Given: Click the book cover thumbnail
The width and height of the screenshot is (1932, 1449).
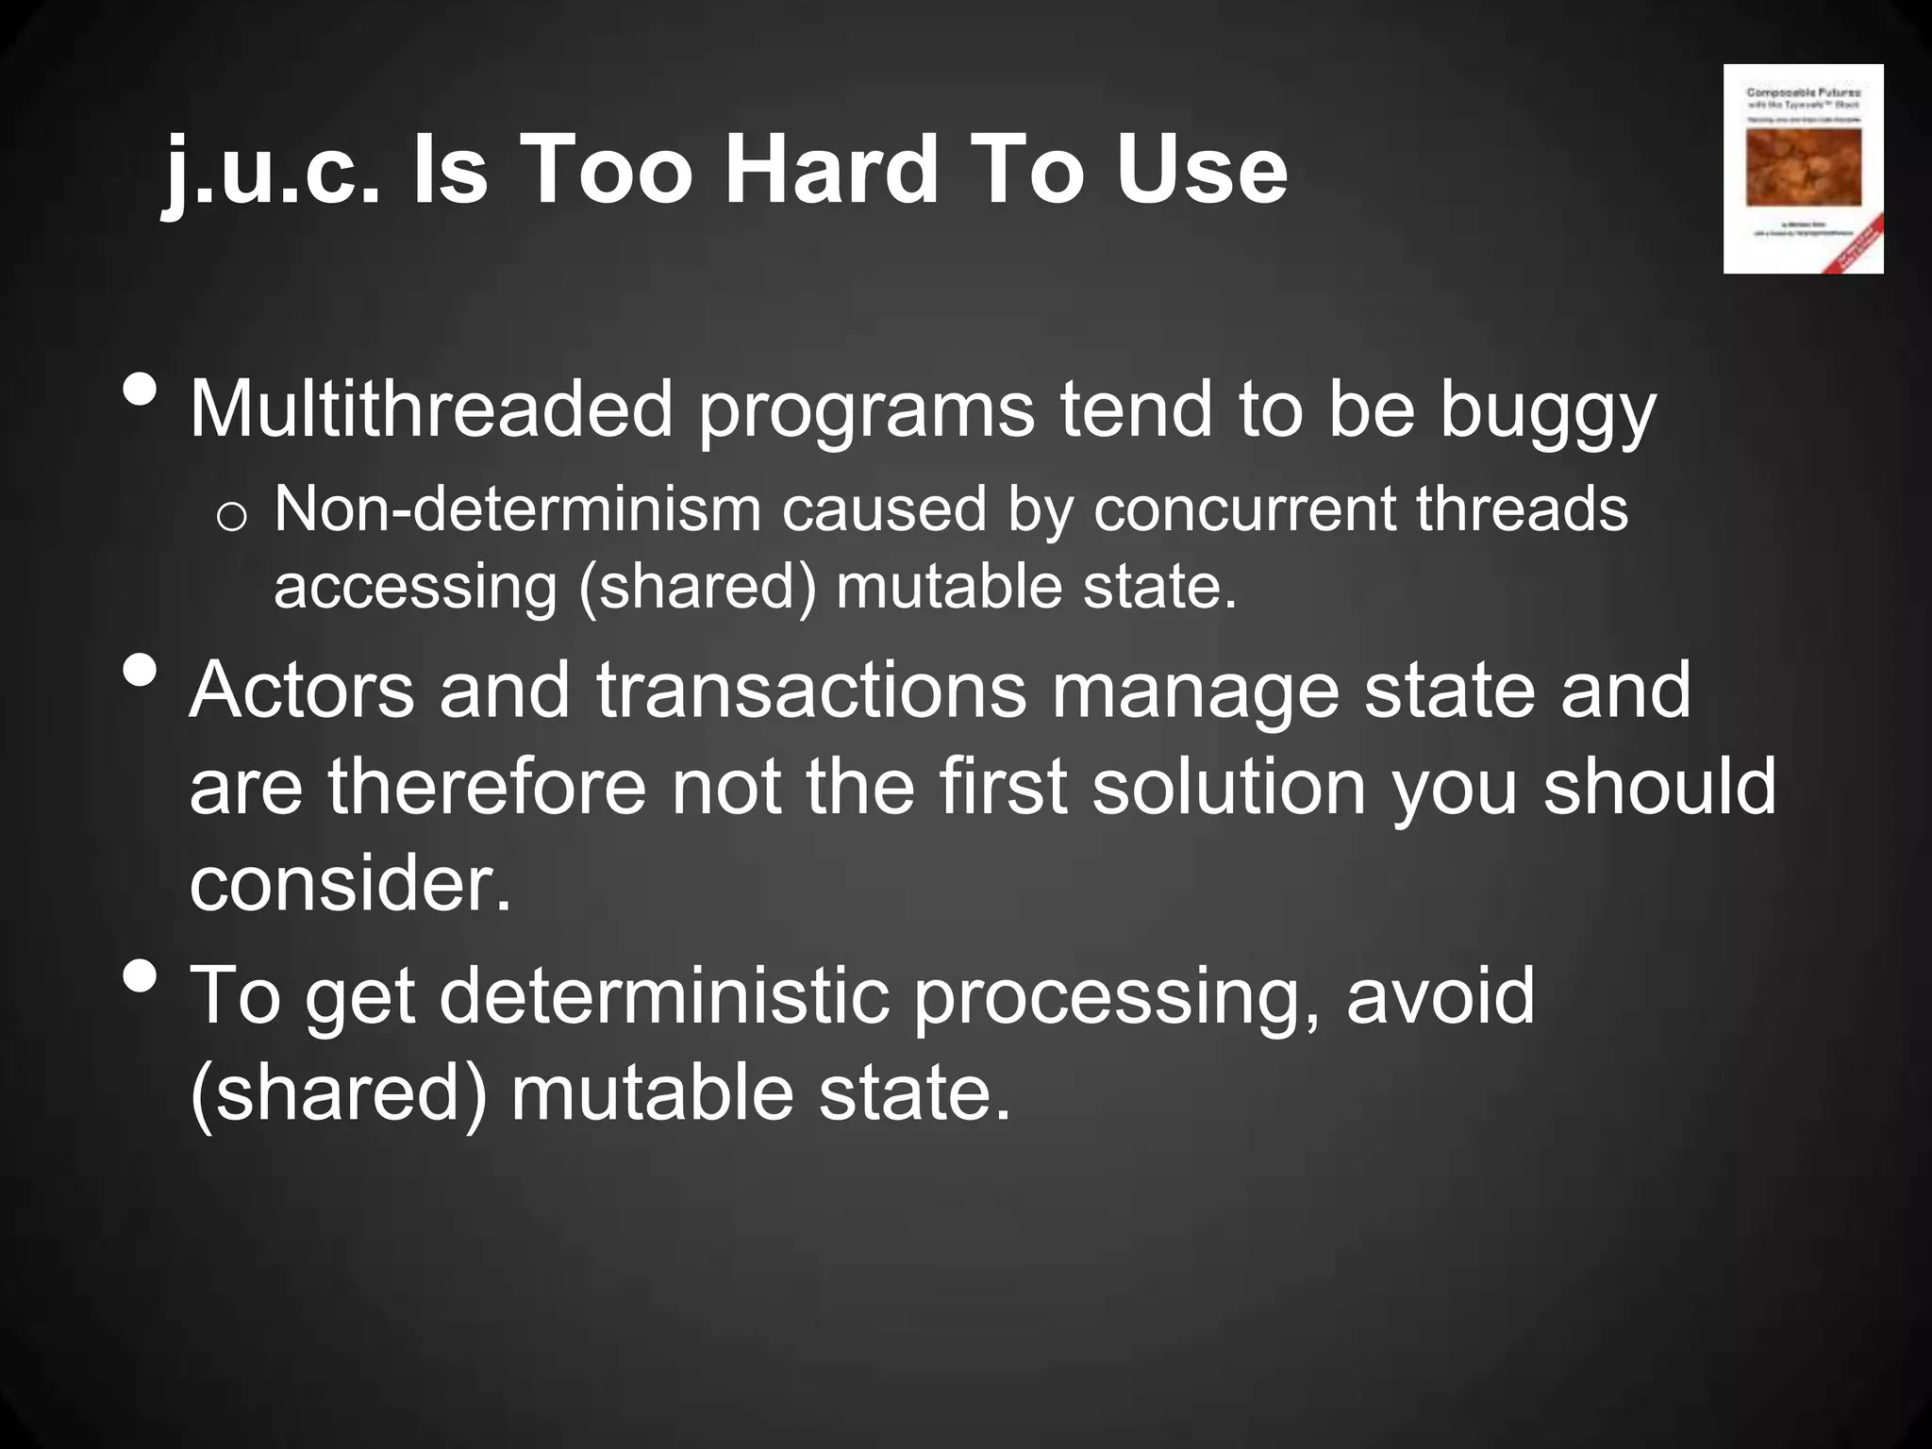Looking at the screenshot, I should pyautogui.click(x=1803, y=169).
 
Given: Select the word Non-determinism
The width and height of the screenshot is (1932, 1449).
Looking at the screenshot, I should pyautogui.click(x=517, y=509).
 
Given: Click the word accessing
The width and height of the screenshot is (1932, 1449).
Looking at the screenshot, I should pyautogui.click(x=416, y=588).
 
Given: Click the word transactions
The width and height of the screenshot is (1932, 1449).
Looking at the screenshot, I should pyautogui.click(x=810, y=690).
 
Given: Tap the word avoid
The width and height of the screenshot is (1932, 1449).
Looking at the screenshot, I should pyautogui.click(x=1441, y=997).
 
